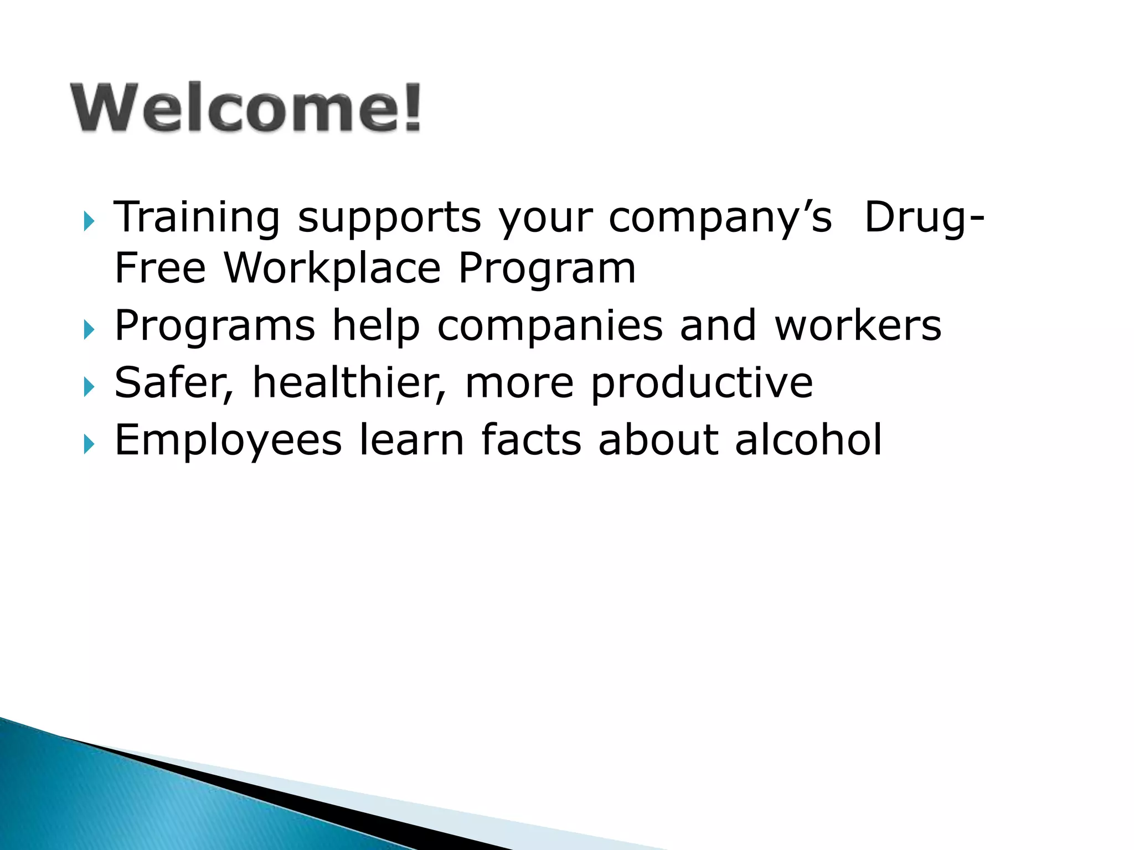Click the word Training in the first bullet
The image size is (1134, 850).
197,218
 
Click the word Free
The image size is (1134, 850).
160,268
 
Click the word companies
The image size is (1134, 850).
549,326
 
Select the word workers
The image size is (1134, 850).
858,325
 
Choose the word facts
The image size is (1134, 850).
531,440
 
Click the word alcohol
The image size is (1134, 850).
808,440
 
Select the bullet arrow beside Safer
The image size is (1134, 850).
89,387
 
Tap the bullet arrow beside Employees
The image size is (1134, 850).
89,444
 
